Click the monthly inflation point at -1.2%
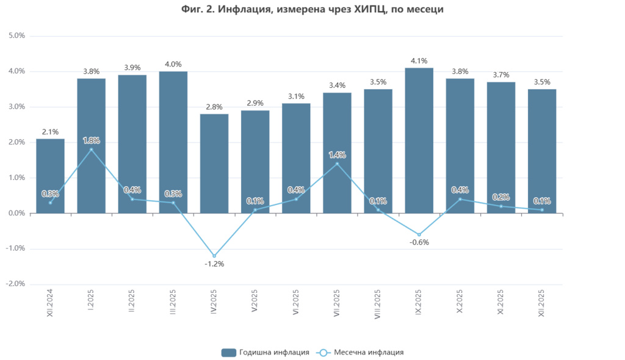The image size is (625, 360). tap(214, 256)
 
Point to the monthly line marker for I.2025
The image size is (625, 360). tap(91, 149)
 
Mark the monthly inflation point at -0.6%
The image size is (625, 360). tap(419, 234)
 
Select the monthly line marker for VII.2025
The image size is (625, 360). tap(337, 164)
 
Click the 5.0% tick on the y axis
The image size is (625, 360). tap(16, 36)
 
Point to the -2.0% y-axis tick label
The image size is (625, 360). tap(15, 284)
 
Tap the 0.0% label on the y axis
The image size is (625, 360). tap(16, 214)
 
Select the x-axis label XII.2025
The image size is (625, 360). tap(541, 303)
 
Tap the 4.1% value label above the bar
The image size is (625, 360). tap(419, 61)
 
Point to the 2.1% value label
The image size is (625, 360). tap(50, 132)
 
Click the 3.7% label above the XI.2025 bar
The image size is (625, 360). tap(500, 75)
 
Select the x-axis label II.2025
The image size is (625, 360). tap(132, 301)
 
